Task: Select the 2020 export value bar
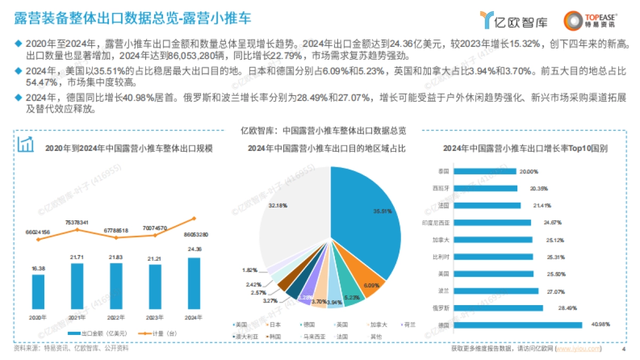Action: [38, 292]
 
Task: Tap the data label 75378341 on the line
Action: [77, 222]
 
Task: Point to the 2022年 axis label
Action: [116, 317]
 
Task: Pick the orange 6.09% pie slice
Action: [372, 284]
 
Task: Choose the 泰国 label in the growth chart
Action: [443, 171]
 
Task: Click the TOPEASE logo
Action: [590, 20]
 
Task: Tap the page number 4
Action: [623, 349]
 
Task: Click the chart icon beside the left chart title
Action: [26, 144]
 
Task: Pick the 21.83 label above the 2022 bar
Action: [116, 257]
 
